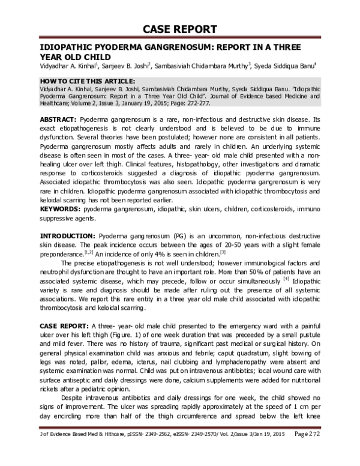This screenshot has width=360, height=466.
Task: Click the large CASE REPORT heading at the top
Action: [x=180, y=30]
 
